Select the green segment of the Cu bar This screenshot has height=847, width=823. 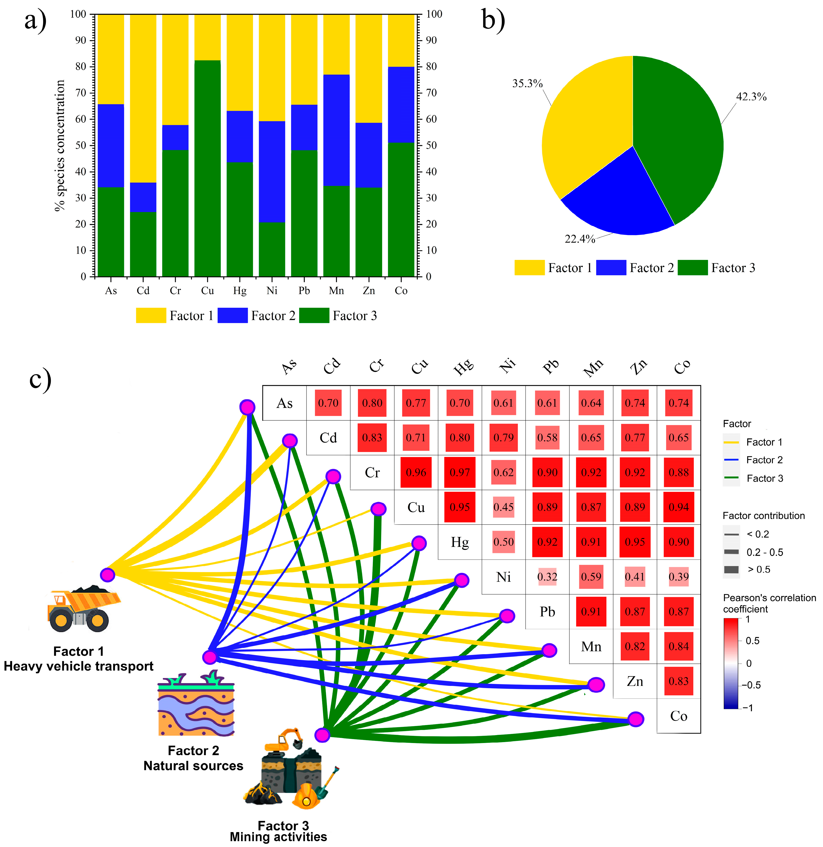point(207,169)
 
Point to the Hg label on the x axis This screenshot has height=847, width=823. point(239,291)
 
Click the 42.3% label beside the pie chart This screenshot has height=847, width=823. point(751,97)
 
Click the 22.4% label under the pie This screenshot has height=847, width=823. point(580,239)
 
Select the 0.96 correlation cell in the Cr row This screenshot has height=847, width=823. point(416,472)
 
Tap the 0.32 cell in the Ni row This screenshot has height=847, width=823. point(547,577)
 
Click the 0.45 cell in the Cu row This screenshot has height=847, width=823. point(504,507)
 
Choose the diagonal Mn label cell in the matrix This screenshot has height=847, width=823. point(591,646)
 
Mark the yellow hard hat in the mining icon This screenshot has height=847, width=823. point(306,795)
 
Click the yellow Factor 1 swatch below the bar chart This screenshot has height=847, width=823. point(151,315)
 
